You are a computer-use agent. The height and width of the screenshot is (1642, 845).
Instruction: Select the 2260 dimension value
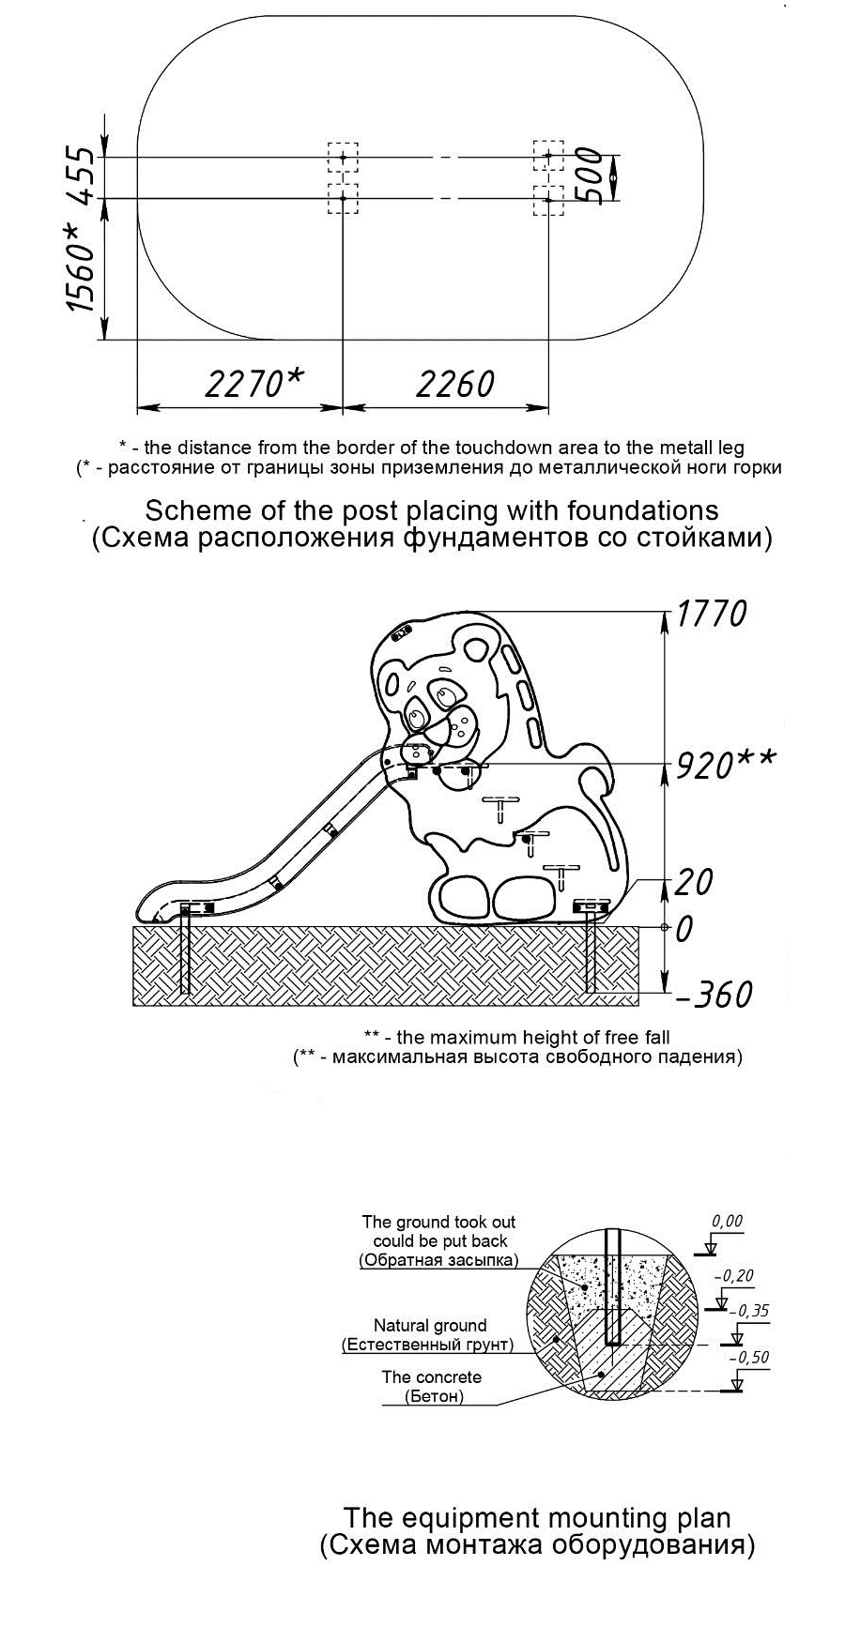coord(454,383)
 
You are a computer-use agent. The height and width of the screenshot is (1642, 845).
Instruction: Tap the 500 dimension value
coord(589,175)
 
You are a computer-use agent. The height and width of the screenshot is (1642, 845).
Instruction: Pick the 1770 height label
coord(713,614)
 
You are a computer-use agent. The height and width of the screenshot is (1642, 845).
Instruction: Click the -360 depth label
coord(714,995)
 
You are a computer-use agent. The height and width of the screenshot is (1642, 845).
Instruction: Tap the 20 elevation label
coord(695,882)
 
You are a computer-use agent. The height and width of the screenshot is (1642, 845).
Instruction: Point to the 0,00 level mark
coord(727,1222)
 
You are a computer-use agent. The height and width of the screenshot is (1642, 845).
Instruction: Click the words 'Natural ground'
coord(430,1326)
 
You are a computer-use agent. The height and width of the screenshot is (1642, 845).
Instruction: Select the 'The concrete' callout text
coord(431,1377)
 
